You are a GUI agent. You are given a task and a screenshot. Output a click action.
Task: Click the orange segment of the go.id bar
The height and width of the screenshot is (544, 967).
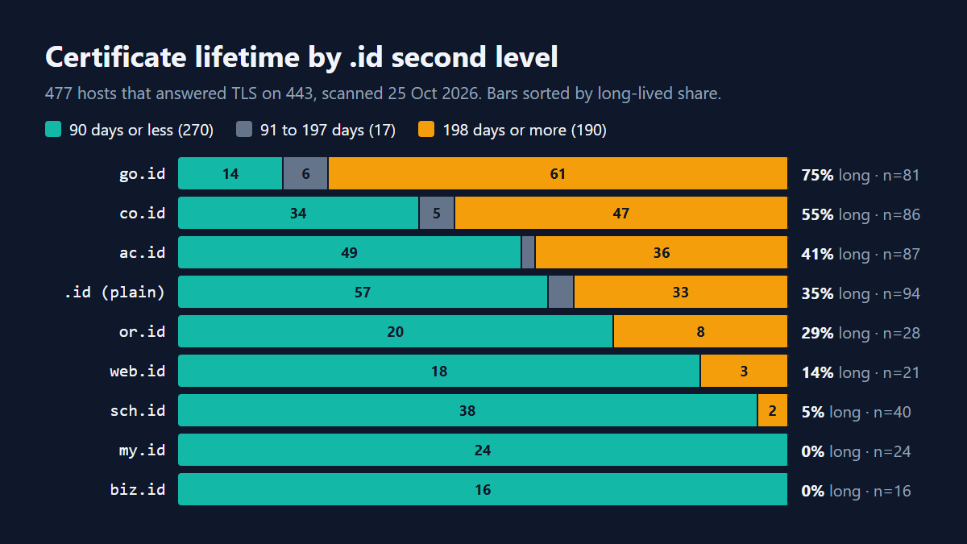point(558,173)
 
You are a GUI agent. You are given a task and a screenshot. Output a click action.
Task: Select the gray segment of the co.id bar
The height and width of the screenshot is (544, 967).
point(437,213)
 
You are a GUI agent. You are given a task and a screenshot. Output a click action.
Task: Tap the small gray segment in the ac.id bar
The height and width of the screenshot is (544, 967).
point(528,252)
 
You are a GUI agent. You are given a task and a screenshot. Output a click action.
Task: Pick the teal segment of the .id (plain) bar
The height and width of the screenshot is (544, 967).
point(363,292)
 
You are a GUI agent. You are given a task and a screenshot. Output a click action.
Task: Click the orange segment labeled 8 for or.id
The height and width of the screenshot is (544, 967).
point(700,331)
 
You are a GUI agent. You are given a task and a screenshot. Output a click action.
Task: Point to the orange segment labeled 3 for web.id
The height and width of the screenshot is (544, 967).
point(744,371)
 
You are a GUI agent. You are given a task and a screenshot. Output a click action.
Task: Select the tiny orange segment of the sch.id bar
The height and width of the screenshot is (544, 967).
point(772,410)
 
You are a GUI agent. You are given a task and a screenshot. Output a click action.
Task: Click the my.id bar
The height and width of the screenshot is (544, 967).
point(483,450)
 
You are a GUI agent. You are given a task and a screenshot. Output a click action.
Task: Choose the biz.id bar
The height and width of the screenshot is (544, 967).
point(483,489)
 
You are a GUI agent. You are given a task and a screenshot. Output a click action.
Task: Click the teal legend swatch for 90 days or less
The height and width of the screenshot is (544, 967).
point(53,129)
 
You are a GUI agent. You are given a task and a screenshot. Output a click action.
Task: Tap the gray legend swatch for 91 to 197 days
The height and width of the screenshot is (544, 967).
point(244,129)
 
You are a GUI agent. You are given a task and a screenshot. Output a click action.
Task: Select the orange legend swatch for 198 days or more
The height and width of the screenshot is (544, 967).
point(426,129)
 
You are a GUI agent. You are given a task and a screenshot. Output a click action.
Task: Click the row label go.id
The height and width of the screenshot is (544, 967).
point(142,173)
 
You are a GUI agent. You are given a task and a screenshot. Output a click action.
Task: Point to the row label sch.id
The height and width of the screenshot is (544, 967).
point(137,410)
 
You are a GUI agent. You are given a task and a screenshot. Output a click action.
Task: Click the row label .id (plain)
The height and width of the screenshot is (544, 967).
point(114,293)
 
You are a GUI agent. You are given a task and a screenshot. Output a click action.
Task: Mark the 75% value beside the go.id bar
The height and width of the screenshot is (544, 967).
point(817,175)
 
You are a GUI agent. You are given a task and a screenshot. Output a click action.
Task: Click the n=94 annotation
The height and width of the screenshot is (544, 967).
point(902,293)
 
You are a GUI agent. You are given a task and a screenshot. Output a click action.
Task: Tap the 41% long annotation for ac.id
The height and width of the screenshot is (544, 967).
point(836,254)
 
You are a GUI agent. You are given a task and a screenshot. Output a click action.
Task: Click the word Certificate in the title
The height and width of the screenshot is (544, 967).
point(116,57)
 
